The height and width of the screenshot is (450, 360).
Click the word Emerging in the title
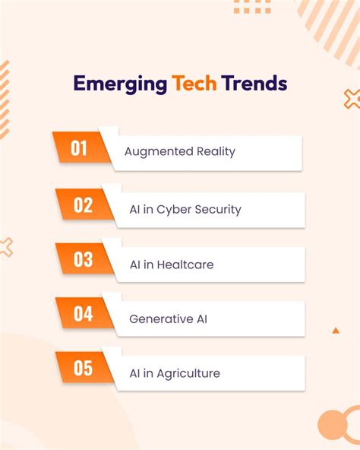tap(120, 84)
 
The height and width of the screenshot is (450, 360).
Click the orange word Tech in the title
tap(194, 83)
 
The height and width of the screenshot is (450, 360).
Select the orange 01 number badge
tap(80, 148)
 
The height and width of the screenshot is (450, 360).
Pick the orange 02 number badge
tap(83, 205)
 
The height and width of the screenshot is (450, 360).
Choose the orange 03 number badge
tap(83, 260)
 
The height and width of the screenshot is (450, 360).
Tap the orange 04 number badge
tap(83, 314)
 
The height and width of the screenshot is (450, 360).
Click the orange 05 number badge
tap(83, 369)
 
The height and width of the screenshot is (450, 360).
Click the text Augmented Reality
tap(180, 152)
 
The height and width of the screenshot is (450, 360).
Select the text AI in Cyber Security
tap(185, 210)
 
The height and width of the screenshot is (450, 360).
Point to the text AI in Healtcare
tap(172, 265)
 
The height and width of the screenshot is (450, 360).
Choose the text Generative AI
tap(169, 319)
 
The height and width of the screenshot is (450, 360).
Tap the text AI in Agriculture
tap(175, 373)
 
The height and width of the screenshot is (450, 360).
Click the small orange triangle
tap(336, 331)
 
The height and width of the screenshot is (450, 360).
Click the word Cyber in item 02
tap(175, 210)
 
